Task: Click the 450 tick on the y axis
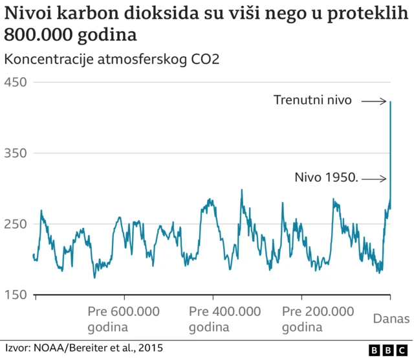pyautogui.click(x=17, y=82)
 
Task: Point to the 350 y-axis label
pyautogui.click(x=17, y=153)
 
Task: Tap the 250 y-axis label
pyautogui.click(x=17, y=224)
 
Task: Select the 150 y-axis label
pyautogui.click(x=17, y=295)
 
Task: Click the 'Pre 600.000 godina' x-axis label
pyautogui.click(x=123, y=319)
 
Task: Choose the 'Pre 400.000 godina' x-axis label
pyautogui.click(x=224, y=319)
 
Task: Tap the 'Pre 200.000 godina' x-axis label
pyautogui.click(x=318, y=319)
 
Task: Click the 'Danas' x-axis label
pyautogui.click(x=390, y=318)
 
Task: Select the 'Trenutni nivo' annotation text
pyautogui.click(x=312, y=100)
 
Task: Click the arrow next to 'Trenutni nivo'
pyautogui.click(x=374, y=101)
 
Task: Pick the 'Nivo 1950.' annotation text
pyautogui.click(x=326, y=177)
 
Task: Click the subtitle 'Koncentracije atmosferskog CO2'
pyautogui.click(x=111, y=60)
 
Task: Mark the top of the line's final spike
pyautogui.click(x=391, y=102)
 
